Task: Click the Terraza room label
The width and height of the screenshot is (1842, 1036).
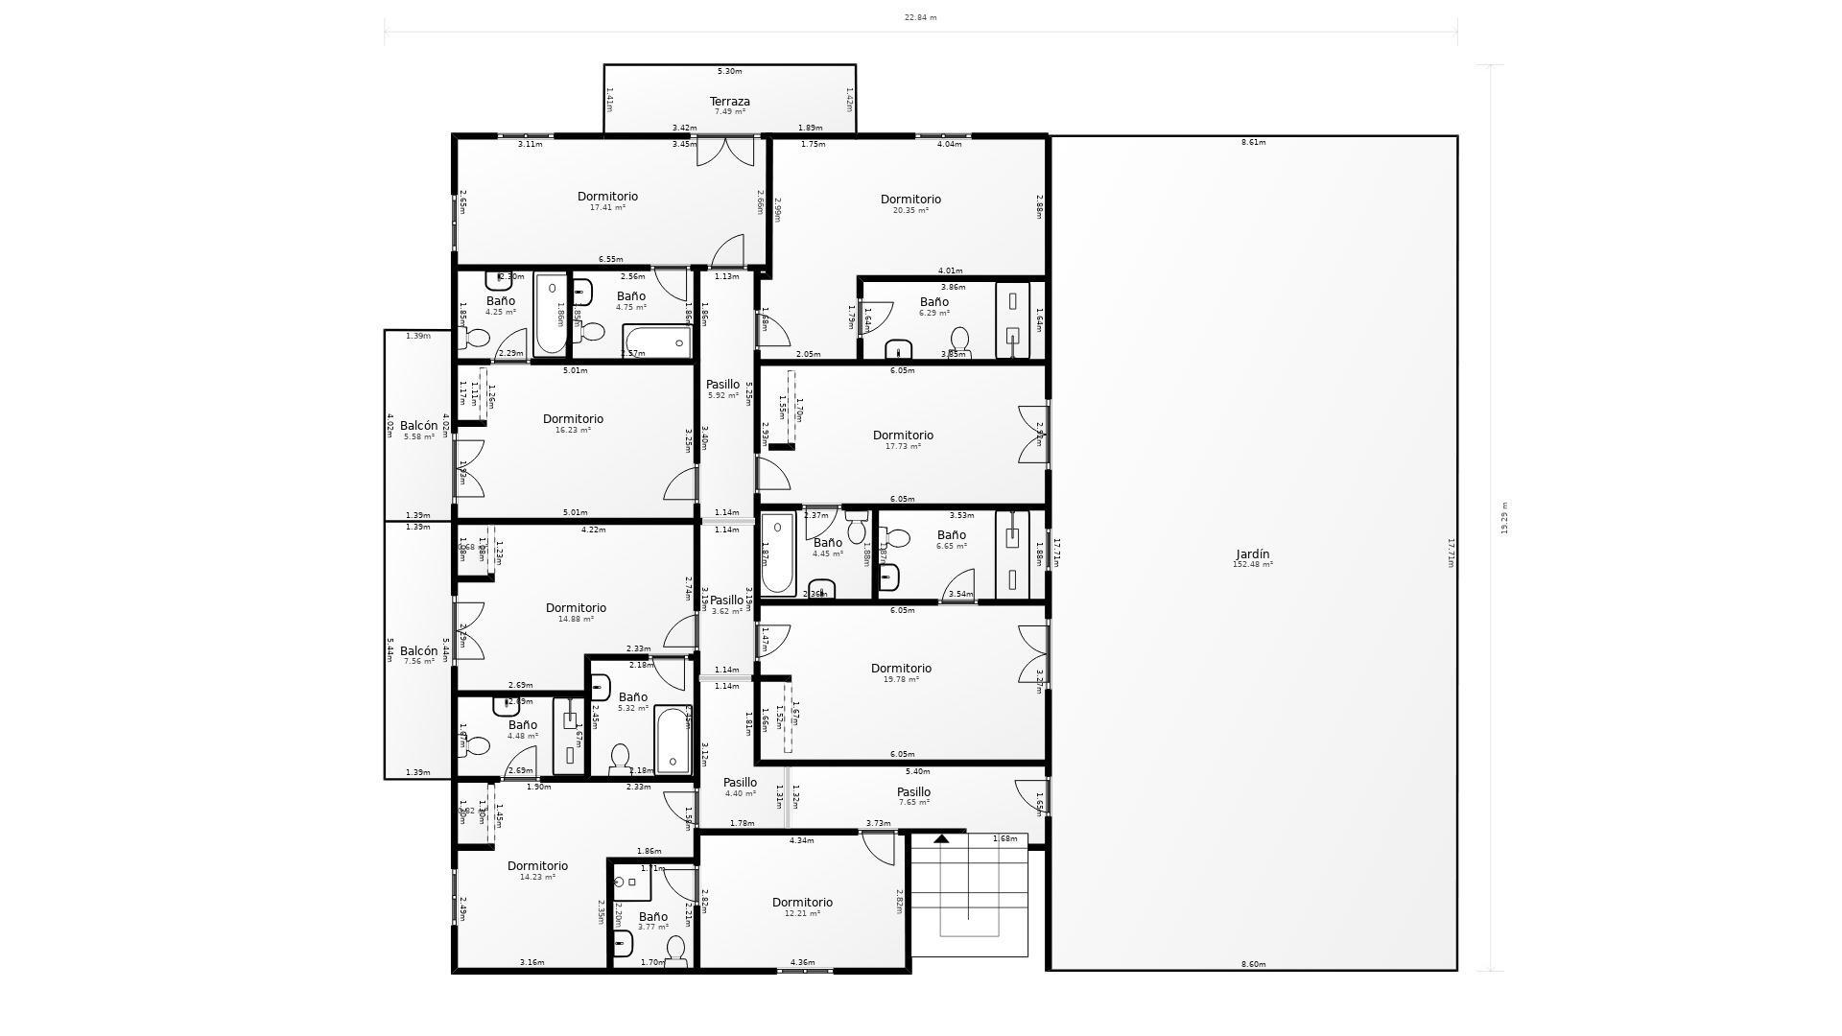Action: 729,102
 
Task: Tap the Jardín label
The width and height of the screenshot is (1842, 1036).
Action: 1252,554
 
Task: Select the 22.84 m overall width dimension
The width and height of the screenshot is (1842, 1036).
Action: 920,17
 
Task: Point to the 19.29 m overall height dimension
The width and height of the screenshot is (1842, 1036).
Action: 1504,518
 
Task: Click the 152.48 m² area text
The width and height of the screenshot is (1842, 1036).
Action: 1252,565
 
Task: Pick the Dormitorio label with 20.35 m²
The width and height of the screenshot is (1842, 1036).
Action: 910,200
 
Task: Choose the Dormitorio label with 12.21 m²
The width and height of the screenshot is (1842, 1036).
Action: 802,903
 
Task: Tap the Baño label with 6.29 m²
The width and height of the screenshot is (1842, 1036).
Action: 933,302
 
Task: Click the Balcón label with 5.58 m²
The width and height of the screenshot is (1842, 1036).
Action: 418,426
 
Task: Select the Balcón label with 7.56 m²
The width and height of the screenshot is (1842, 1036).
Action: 418,651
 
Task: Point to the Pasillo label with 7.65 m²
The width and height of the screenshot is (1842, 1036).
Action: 913,792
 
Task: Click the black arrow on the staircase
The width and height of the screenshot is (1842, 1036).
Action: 942,839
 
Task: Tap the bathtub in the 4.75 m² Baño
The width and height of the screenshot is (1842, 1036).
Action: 657,341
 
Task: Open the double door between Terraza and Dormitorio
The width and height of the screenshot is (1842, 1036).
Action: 725,152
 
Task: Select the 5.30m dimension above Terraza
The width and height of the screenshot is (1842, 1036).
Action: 729,71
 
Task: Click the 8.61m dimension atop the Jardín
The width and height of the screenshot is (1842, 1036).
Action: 1253,143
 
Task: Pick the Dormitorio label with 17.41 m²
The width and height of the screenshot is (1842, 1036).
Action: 607,197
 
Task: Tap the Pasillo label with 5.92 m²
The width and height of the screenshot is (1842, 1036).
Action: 722,385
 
